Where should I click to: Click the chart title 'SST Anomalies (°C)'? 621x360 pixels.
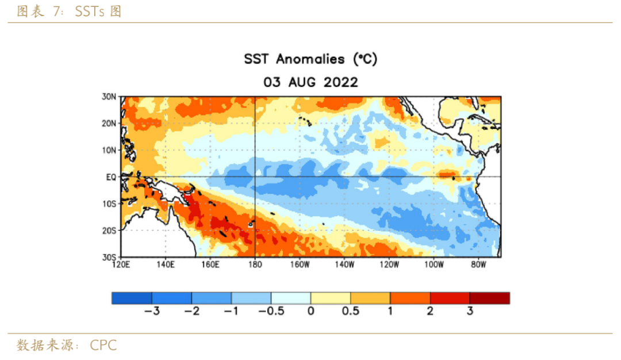[x=310, y=59]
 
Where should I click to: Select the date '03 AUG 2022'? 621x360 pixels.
[x=310, y=82]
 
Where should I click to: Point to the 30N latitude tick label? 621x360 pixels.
[x=110, y=97]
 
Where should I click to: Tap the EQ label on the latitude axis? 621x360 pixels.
[x=111, y=177]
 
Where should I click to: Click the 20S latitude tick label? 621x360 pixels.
[x=110, y=230]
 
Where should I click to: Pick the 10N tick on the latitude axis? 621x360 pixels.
[x=110, y=150]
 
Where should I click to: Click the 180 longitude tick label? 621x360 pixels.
[x=255, y=265]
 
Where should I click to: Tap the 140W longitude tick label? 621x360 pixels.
[x=344, y=265]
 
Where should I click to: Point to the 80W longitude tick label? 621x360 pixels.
[x=478, y=265]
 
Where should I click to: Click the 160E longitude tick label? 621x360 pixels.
[x=210, y=265]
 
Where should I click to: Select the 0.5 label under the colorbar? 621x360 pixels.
[x=350, y=311]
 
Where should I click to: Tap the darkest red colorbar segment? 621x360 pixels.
[x=489, y=298]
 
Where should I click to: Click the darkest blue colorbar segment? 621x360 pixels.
[x=132, y=298]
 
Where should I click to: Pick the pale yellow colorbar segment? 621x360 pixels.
[x=331, y=298]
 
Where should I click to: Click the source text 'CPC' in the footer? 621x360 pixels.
[x=103, y=346]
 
